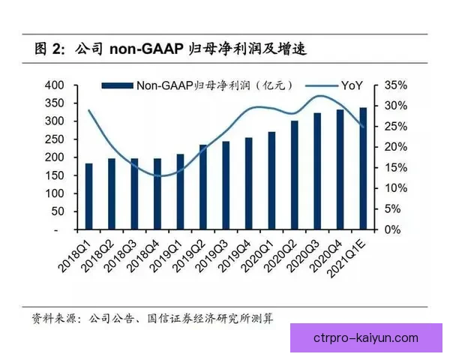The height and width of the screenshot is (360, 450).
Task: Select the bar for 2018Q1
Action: [88, 196]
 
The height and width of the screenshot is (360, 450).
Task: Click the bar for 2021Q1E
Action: [363, 169]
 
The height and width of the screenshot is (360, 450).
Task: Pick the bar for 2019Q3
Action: [226, 185]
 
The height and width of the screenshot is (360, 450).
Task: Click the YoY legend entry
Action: [339, 85]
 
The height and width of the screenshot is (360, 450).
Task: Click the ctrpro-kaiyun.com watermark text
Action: [367, 337]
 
